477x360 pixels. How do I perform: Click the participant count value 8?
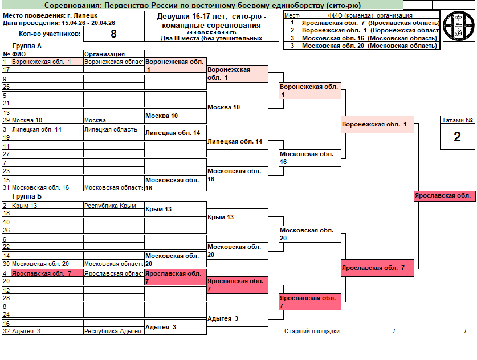113,34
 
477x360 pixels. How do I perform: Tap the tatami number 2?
457,137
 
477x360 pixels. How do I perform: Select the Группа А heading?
26,46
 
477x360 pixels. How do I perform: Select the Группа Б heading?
26,197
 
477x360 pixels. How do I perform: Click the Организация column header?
104,54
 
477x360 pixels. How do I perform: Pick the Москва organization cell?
95,121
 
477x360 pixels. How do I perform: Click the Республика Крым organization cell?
110,206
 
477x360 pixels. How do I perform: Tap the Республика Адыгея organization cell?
112,331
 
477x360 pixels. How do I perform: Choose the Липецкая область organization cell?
111,129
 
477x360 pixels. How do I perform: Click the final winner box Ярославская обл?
444,195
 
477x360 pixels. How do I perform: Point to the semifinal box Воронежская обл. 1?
377,124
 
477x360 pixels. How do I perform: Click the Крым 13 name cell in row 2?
25,206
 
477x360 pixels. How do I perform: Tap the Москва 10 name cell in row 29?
27,121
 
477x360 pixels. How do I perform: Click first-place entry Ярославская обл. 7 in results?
370,23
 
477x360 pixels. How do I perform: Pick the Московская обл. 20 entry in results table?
370,46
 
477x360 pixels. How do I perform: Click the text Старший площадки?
312,331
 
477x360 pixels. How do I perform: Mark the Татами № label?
457,120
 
